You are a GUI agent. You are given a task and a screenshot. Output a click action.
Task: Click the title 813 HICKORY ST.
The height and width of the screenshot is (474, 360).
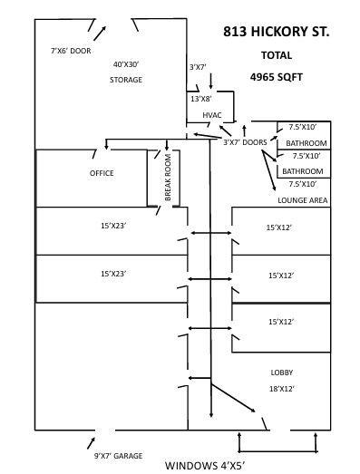pyautogui.click(x=276, y=32)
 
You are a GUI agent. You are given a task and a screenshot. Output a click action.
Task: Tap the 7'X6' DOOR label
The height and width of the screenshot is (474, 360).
pyautogui.click(x=70, y=51)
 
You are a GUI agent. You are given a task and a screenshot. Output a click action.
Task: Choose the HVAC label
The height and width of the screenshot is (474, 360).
pyautogui.click(x=212, y=115)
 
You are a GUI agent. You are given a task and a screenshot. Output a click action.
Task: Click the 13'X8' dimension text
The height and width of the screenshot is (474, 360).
pyautogui.click(x=200, y=98)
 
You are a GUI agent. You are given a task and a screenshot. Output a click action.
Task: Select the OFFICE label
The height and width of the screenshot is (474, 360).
pyautogui.click(x=102, y=172)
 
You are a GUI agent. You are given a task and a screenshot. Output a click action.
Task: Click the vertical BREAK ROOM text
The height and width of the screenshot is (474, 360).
pyautogui.click(x=168, y=178)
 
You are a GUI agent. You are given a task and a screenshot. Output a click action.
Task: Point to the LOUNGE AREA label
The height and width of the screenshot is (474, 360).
pyautogui.click(x=302, y=199)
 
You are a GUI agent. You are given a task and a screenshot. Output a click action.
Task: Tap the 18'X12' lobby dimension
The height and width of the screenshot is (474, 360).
pyautogui.click(x=282, y=388)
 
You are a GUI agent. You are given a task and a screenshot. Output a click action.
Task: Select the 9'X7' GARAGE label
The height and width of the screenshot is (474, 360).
pyautogui.click(x=118, y=455)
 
